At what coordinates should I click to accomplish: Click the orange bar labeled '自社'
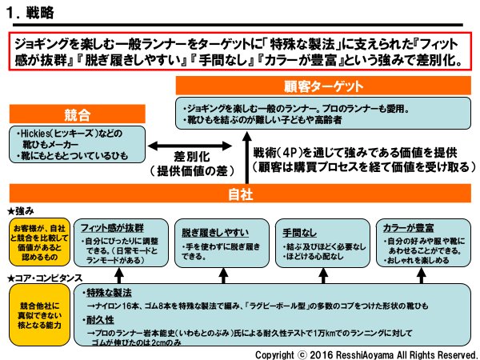coord(240,194)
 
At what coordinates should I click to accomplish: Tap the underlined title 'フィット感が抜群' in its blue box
coord(113,226)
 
